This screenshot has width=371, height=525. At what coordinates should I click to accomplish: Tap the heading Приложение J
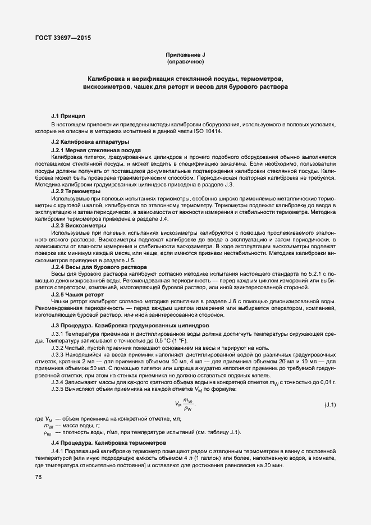tap(185, 54)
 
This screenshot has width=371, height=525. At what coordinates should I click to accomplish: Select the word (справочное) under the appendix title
tap(185, 61)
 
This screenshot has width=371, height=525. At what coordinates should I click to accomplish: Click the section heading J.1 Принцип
tap(68, 114)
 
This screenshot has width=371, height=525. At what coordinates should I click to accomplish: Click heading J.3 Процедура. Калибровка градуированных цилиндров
tap(130, 326)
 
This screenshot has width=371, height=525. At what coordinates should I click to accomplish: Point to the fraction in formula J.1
tap(188, 404)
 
